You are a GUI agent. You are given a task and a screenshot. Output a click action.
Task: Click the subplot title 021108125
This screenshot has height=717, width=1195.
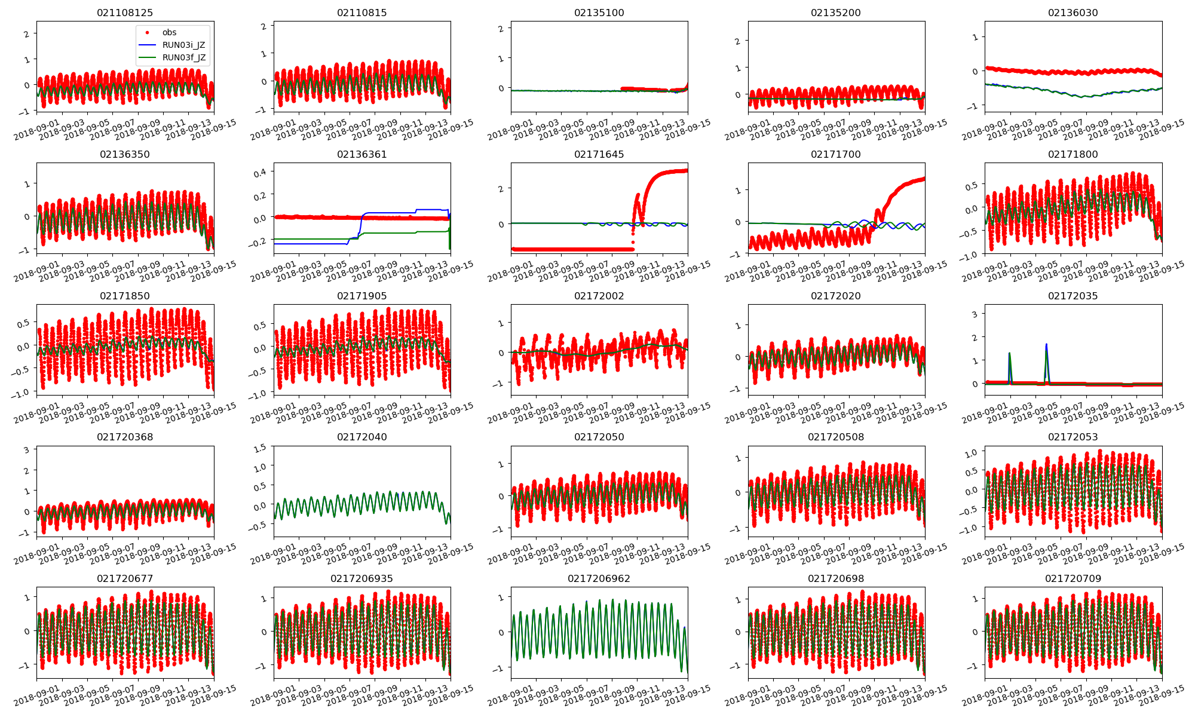point(125,13)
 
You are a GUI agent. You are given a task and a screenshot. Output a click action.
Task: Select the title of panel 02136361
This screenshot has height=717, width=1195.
point(361,154)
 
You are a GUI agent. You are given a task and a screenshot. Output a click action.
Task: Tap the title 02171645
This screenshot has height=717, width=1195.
point(599,154)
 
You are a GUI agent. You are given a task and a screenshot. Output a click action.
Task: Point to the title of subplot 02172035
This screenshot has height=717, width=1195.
point(1073,296)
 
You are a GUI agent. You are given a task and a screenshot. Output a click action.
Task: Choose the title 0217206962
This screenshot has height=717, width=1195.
point(599,578)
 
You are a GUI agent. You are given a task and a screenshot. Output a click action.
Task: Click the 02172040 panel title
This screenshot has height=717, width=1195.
point(361,437)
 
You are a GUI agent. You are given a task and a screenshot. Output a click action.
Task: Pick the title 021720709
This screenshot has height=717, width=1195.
point(1073,578)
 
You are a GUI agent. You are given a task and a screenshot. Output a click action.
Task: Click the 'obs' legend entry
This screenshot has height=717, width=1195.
point(169,32)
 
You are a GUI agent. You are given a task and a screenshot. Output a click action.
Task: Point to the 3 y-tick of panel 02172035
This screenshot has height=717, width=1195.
point(975,314)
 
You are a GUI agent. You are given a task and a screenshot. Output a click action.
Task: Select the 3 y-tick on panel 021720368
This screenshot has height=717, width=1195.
point(26,450)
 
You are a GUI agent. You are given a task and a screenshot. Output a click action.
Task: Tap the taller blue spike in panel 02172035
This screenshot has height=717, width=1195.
point(1046,345)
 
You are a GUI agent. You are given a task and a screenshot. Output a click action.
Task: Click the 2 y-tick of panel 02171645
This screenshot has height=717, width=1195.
point(501,189)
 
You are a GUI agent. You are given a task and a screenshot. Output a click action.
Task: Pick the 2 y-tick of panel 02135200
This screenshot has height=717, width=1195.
point(737,41)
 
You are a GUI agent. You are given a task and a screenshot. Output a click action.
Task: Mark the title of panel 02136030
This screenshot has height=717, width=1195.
point(1073,13)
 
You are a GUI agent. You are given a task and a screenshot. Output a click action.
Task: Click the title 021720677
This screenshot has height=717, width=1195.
point(125,578)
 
